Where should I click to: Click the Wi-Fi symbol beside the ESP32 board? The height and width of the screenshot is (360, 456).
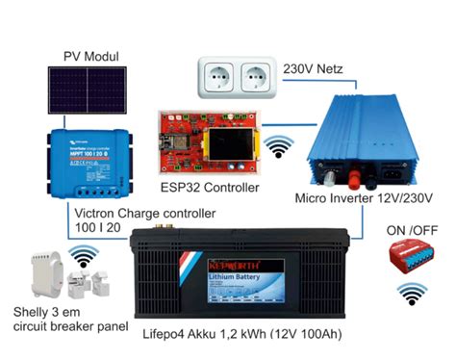pos(280,147)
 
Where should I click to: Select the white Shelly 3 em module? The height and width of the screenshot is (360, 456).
pos(42,276)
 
